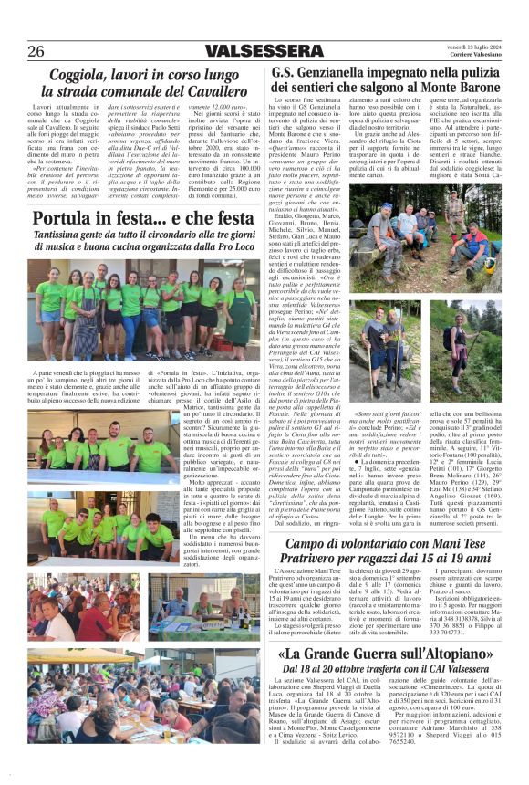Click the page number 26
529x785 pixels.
[x=36, y=50]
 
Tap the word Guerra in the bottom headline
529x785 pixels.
[x=358, y=655]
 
